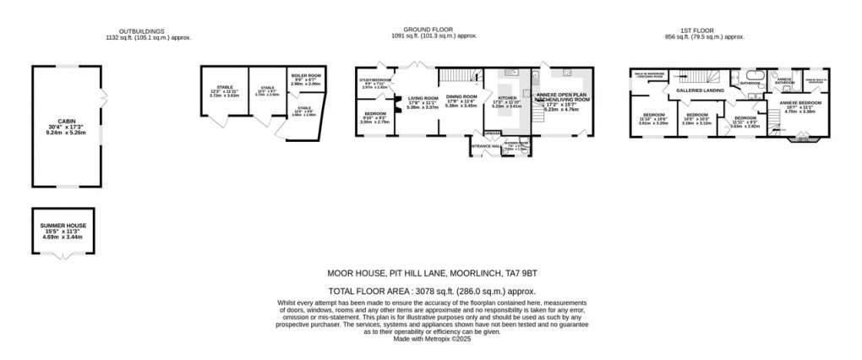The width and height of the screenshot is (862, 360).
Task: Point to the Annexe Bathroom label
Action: coord(783,82)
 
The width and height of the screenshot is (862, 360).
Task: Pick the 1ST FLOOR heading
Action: coord(703,30)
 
